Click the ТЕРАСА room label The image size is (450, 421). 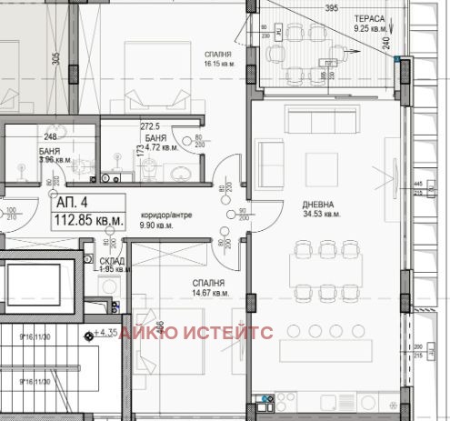coord(371,17)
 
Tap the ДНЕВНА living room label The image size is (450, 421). coord(320,205)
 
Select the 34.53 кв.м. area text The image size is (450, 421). coord(321,215)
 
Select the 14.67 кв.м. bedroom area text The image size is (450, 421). coord(210,293)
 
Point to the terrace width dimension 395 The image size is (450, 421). coord(332,7)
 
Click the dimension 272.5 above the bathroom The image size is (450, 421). coord(150,127)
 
